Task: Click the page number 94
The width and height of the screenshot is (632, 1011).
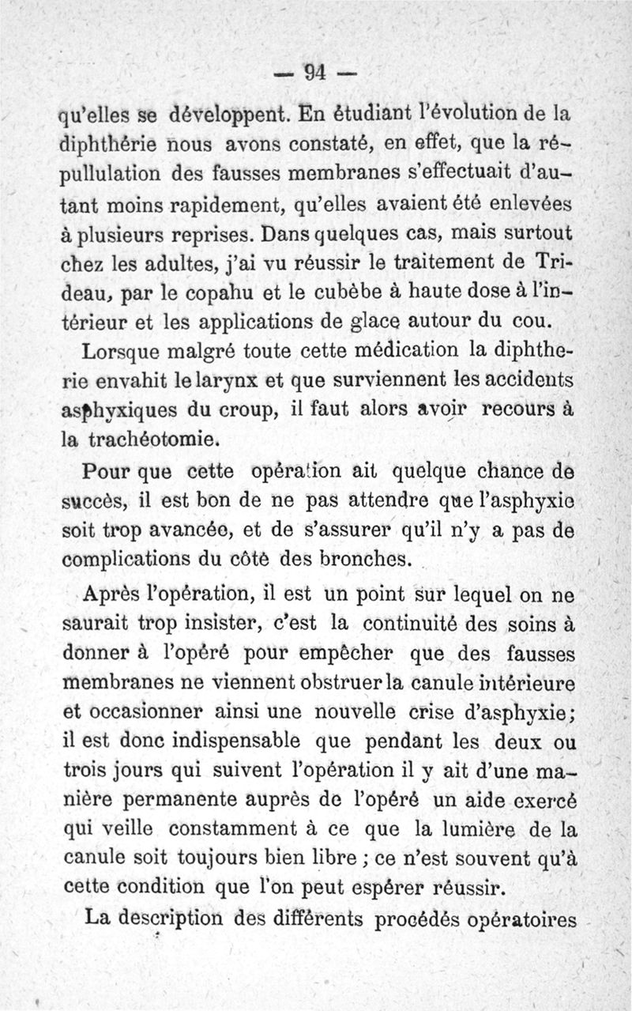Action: [315, 73]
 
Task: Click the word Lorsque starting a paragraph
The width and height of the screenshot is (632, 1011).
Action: [124, 351]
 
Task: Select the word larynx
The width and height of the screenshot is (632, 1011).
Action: [228, 381]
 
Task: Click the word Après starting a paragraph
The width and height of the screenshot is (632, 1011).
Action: [115, 594]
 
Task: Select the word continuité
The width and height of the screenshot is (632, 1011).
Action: [401, 623]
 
